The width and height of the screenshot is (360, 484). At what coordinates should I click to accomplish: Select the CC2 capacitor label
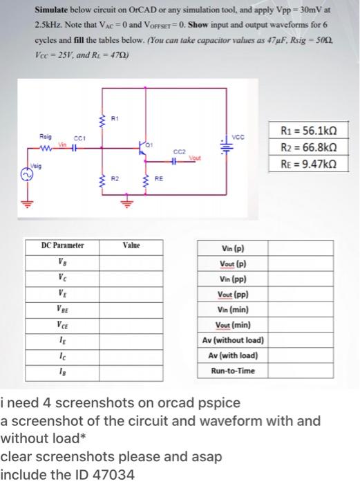[178, 152]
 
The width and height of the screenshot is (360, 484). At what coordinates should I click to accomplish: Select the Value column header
[131, 245]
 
